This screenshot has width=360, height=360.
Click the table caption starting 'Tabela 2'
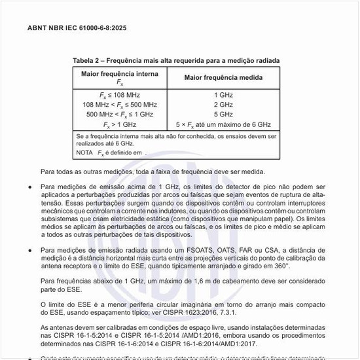(x=176, y=60)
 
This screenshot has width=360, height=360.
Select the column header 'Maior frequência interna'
(x=119, y=74)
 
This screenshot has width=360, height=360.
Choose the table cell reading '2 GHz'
(x=223, y=104)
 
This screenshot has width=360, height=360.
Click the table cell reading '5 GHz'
(x=223, y=114)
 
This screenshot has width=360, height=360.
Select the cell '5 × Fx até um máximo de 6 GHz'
(x=223, y=124)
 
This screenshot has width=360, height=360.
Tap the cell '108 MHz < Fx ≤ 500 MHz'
(x=119, y=104)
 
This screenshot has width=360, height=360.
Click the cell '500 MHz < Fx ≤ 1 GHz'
(x=119, y=114)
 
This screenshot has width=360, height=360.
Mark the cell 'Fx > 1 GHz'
(x=119, y=124)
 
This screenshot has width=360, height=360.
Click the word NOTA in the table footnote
(x=85, y=152)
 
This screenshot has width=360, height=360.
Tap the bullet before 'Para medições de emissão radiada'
(x=31, y=249)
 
